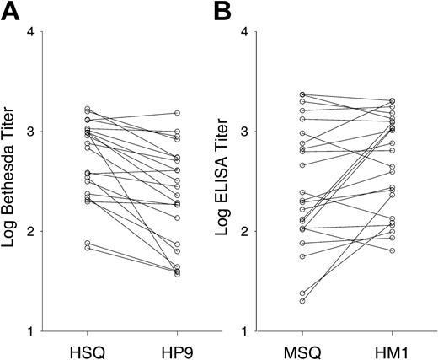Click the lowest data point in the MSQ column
(x=302, y=301)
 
